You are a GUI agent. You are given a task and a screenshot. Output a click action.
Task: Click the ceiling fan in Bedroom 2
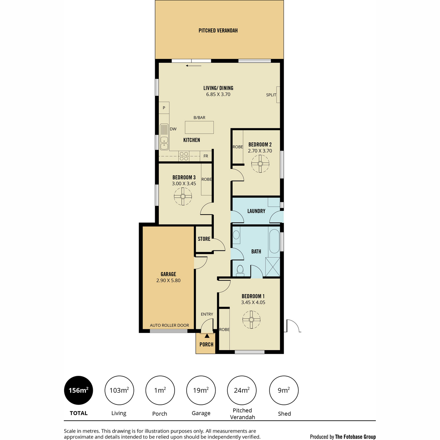click(260, 164)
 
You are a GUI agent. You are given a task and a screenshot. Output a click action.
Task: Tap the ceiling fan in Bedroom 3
click(183, 197)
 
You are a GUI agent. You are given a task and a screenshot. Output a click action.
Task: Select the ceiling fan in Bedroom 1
click(251, 320)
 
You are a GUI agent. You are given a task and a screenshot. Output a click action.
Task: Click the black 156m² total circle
click(78, 390)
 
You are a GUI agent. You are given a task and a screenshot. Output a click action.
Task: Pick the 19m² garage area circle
click(201, 390)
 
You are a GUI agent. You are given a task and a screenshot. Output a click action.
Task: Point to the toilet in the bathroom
click(240, 271)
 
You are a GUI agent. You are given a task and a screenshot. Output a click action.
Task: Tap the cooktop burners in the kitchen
click(184, 156)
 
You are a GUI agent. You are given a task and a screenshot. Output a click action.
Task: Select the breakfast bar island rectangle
click(199, 127)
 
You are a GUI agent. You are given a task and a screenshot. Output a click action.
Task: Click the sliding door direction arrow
click(194, 66)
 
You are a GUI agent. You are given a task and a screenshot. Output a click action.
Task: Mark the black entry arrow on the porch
click(207, 335)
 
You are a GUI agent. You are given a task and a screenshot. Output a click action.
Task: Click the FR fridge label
click(206, 156)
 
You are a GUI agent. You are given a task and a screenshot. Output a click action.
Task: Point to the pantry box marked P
click(164, 108)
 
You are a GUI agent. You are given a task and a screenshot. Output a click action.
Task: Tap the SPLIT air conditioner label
click(271, 95)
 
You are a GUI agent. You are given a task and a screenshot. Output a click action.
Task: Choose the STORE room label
click(204, 239)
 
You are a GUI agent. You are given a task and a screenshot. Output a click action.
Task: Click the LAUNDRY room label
click(256, 211)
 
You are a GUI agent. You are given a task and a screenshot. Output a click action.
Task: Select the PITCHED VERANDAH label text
click(218, 30)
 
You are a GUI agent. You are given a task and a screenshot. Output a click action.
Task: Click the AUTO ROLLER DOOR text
click(169, 325)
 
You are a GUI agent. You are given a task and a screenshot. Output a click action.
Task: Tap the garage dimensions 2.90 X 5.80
click(168, 280)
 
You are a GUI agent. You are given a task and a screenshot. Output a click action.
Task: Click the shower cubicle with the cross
click(273, 267)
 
